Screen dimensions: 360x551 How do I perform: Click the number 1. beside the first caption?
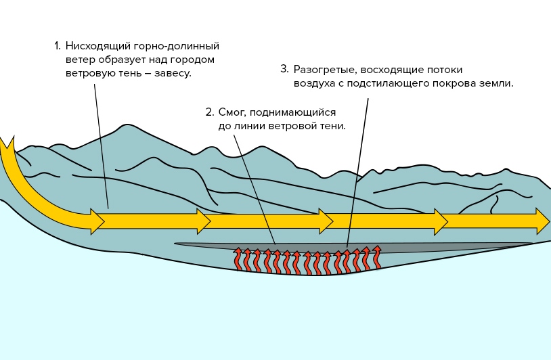pyautogui.click(x=57, y=47)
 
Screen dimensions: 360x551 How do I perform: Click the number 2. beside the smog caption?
pyautogui.click(x=210, y=112)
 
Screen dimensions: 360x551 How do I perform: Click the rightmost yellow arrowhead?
pyautogui.click(x=543, y=221)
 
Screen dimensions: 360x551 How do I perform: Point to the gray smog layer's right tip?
pyautogui.click(x=531, y=244)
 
